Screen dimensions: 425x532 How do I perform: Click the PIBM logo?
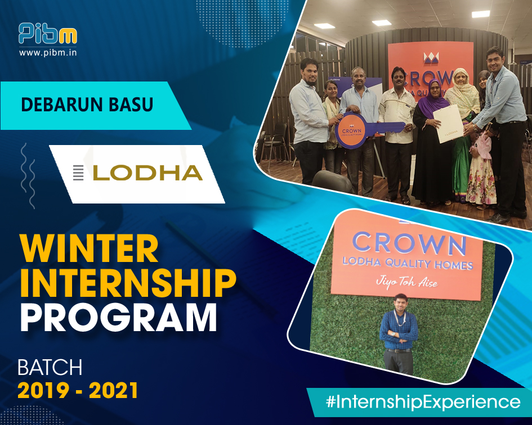(x=47, y=34)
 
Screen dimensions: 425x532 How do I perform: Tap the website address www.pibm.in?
(x=48, y=53)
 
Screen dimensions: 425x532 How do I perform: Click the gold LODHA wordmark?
(x=147, y=173)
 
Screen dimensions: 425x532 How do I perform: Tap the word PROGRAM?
(x=118, y=317)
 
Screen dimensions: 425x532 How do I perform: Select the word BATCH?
(x=50, y=368)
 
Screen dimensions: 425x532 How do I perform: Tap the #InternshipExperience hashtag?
(x=423, y=402)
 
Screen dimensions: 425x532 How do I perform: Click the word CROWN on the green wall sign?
(x=409, y=243)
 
